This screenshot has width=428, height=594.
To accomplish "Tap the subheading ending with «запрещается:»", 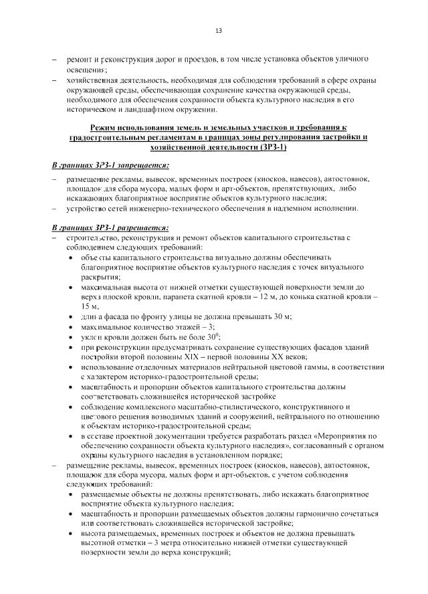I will (110, 165).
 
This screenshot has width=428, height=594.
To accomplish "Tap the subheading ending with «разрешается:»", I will (110, 227).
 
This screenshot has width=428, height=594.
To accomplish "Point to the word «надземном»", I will (289, 208).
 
